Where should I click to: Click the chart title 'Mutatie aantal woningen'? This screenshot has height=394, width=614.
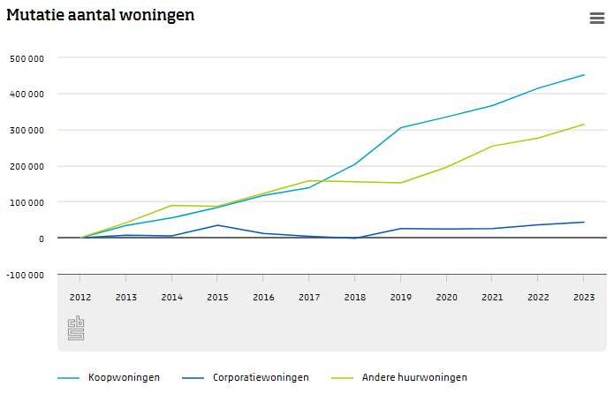(x=101, y=15)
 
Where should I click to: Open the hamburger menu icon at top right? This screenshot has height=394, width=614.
(x=596, y=19)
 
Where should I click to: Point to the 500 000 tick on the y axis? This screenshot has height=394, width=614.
(x=27, y=58)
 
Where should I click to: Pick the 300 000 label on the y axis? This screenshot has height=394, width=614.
(x=27, y=130)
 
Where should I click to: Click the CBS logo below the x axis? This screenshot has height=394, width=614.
(x=76, y=328)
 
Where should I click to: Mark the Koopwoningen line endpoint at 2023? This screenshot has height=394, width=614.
(x=584, y=75)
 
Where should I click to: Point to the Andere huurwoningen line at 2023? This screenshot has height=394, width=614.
(x=584, y=125)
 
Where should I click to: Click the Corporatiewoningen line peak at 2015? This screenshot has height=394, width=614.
(x=217, y=225)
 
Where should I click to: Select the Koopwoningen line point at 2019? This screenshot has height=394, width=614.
(x=401, y=127)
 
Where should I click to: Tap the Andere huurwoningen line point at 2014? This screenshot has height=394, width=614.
(x=171, y=206)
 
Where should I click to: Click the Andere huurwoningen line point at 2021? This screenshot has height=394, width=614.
(x=492, y=146)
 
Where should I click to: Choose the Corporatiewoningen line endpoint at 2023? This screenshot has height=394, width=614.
(x=584, y=222)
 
